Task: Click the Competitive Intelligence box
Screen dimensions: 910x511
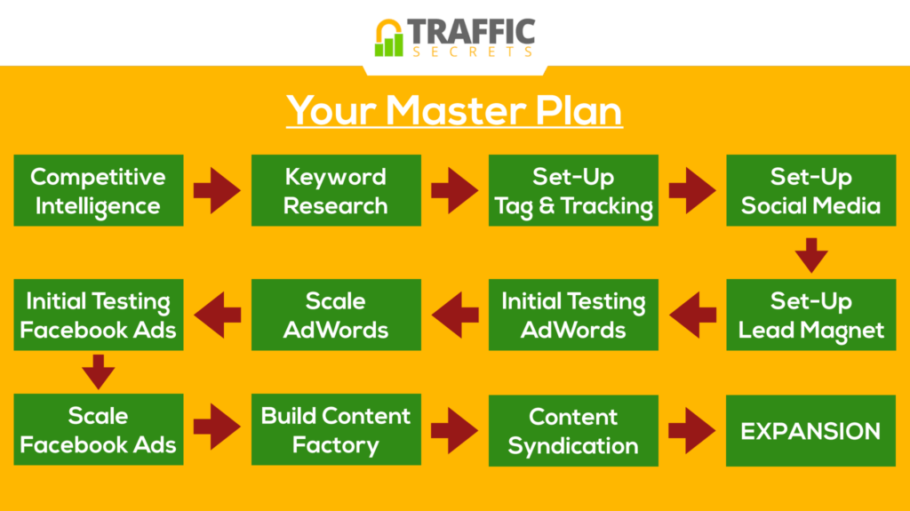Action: click(x=99, y=190)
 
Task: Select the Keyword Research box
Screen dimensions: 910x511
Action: click(x=336, y=190)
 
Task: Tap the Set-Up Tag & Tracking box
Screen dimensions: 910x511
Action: click(x=573, y=190)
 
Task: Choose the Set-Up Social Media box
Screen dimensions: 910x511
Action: click(x=811, y=190)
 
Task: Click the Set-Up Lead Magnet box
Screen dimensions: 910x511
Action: click(x=811, y=315)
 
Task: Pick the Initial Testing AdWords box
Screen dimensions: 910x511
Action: click(x=573, y=315)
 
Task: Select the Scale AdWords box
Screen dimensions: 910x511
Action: click(x=336, y=315)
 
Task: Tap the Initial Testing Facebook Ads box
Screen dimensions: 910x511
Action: click(x=99, y=315)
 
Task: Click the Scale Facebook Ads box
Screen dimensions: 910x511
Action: click(x=99, y=429)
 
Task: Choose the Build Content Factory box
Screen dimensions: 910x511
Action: click(x=336, y=429)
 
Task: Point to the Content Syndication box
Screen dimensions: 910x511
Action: click(x=573, y=431)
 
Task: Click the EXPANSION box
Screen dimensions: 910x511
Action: click(x=811, y=431)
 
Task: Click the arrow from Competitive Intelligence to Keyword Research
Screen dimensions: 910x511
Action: click(x=217, y=190)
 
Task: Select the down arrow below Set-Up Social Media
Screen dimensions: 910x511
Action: click(x=811, y=255)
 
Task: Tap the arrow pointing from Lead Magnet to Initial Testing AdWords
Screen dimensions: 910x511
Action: click(x=692, y=315)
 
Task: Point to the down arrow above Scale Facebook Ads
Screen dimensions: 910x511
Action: click(x=98, y=371)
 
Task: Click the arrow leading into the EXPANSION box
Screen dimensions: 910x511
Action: click(x=691, y=430)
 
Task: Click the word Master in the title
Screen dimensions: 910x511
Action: click(x=456, y=109)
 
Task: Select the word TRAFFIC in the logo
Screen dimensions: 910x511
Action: click(x=471, y=31)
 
